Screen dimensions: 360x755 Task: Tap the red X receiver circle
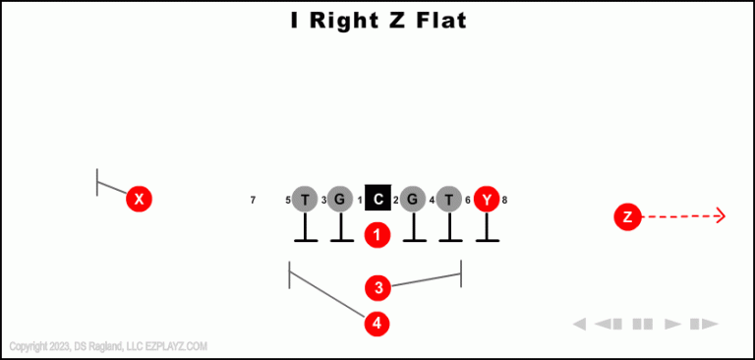pos(140,200)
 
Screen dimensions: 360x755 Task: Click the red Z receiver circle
pos(627,216)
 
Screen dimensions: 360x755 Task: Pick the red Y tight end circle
pos(487,200)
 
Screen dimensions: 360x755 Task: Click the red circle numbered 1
pos(377,235)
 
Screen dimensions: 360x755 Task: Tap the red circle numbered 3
pos(377,288)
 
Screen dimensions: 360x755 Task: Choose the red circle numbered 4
pos(377,323)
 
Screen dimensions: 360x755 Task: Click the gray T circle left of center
pos(305,200)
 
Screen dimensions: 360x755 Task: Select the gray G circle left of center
pos(340,200)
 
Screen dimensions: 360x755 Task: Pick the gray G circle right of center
pos(413,200)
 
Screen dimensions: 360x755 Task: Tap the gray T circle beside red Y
pos(449,200)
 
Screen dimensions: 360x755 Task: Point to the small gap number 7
pos(253,201)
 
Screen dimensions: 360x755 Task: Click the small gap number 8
pos(504,201)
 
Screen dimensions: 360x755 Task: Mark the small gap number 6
pos(468,201)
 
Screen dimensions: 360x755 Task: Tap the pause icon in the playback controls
pos(643,324)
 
